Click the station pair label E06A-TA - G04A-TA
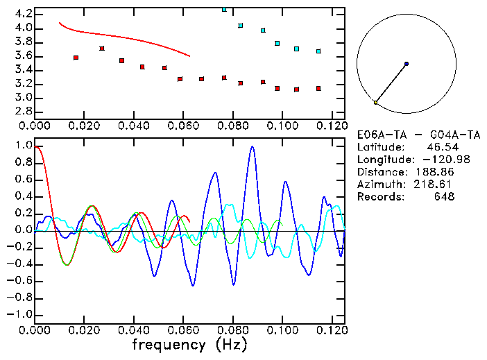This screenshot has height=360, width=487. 409,134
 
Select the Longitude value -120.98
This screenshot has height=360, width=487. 433,160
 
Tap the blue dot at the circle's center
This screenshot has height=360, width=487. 407,64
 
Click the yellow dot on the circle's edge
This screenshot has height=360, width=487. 375,103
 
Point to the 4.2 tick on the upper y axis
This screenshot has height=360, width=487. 22,14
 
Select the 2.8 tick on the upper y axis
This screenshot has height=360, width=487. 22,111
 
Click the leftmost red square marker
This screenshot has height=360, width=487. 76,58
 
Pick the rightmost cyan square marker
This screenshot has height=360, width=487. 318,51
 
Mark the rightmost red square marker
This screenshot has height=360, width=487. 318,89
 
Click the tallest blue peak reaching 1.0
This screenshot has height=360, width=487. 253,147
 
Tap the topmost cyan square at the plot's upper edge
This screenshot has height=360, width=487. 224,9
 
